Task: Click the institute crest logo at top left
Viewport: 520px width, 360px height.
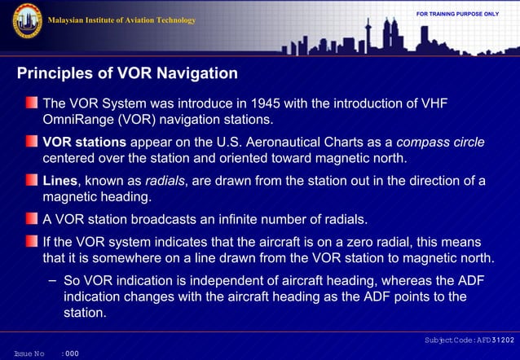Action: coord(27,20)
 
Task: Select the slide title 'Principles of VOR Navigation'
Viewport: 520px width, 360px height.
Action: coord(127,74)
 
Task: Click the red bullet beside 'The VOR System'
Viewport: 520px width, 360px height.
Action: coord(31,104)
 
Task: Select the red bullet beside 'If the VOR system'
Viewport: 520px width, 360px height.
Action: coord(31,243)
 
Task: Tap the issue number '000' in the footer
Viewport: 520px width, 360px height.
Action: coord(72,353)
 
